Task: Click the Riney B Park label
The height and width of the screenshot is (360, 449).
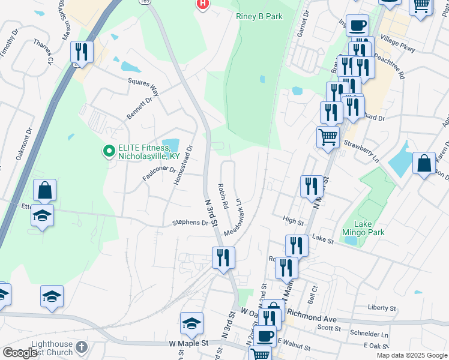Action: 259,16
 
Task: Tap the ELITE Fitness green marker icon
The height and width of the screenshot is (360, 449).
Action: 109,151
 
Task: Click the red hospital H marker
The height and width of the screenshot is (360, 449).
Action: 203,4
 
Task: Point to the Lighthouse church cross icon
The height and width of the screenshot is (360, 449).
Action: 82,347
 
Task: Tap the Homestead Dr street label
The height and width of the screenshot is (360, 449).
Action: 182,164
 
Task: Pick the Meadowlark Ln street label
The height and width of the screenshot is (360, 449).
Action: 234,217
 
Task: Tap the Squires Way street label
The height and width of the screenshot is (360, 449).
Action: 143,88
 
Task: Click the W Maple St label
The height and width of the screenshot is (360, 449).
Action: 188,343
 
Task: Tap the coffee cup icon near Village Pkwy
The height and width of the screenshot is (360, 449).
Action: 358,25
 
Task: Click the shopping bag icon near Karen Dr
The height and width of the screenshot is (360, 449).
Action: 424,163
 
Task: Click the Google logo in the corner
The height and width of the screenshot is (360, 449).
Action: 20,353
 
